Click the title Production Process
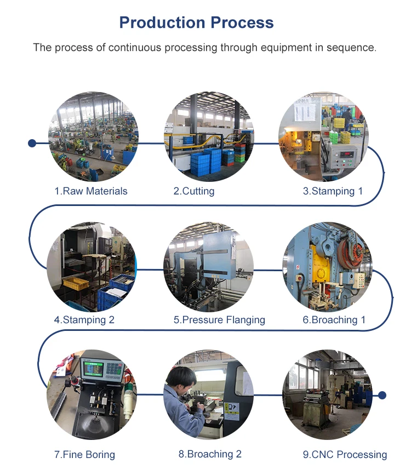coord(196,22)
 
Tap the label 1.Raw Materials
coord(90,191)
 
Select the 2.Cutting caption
coord(194,191)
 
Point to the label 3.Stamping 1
coord(333,191)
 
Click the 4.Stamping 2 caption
coord(84,319)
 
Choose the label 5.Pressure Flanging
coord(219,319)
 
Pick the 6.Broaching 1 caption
coord(334,319)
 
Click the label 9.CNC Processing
coord(345,454)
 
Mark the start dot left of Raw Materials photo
coord(32,144)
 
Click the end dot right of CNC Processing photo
coord(383,395)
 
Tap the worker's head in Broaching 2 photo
coord(183,377)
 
